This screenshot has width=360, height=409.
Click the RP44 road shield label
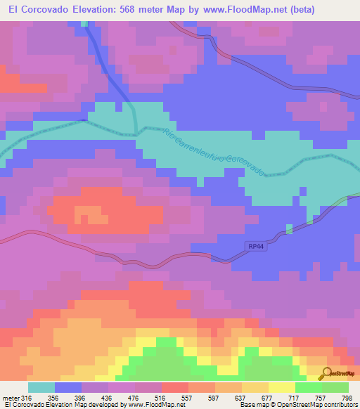pyautogui.click(x=257, y=246)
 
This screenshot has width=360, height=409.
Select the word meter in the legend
pyautogui.click(x=11, y=397)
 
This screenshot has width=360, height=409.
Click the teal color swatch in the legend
pyautogui.click(x=41, y=387)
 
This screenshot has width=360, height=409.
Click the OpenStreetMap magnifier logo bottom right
pyautogui.click(x=326, y=373)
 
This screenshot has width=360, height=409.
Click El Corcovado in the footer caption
pyautogui.click(x=23, y=405)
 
